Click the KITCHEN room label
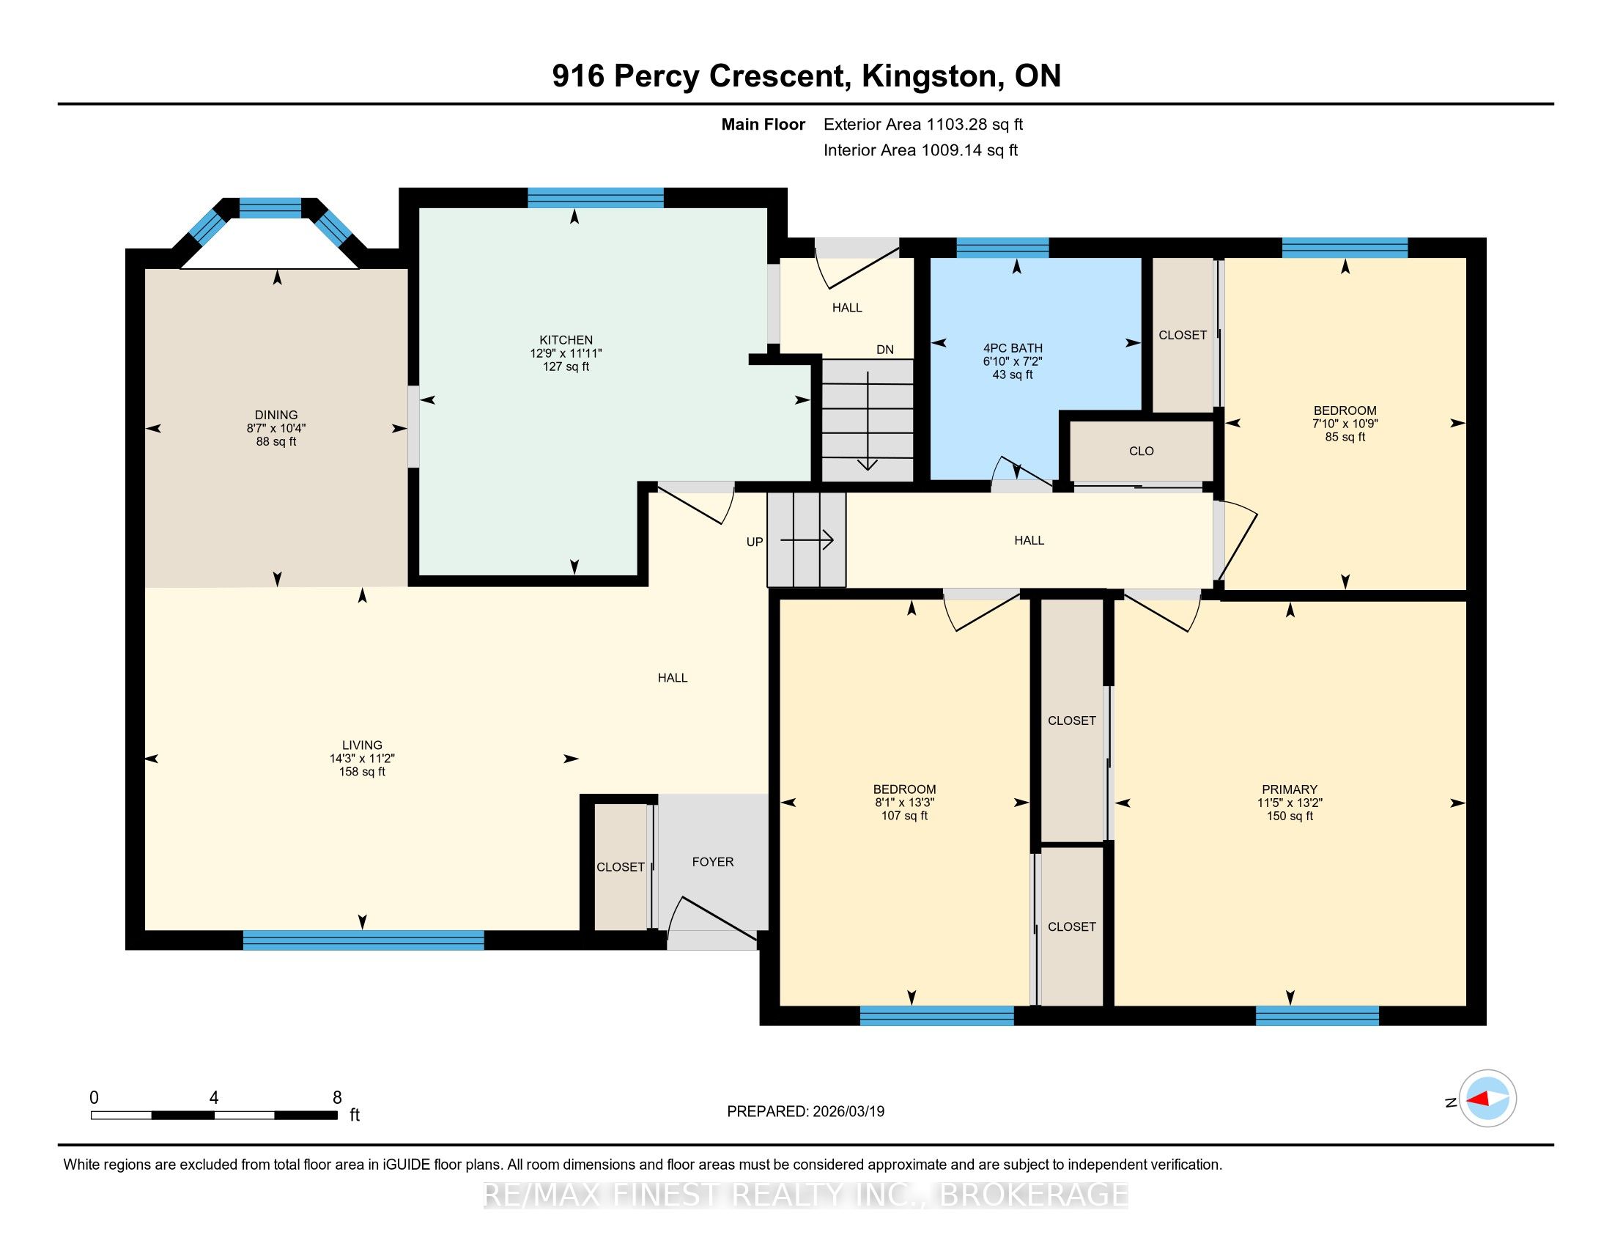point(566,340)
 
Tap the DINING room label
point(276,416)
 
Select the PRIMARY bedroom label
point(1290,789)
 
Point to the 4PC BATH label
point(1013,348)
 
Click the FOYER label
point(712,861)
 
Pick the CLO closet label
point(1141,451)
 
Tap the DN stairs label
point(885,350)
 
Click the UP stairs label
point(754,542)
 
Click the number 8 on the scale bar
point(337,1098)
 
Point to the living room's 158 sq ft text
point(362,772)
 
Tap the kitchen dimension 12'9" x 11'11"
point(566,353)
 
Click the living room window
point(363,940)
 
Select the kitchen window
point(596,198)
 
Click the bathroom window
point(1002,247)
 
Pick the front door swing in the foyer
point(712,919)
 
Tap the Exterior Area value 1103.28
point(955,124)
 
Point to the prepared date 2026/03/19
point(848,1112)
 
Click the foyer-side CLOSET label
point(620,867)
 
